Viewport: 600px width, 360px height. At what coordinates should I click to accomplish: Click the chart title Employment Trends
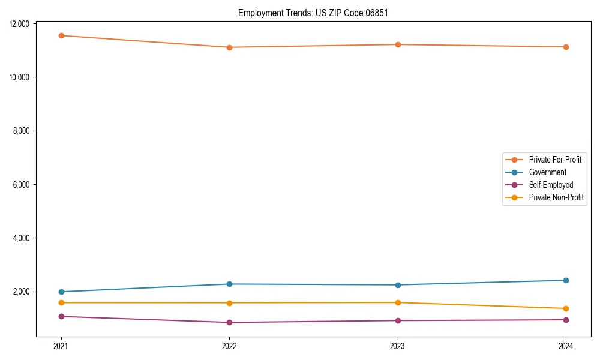click(x=313, y=13)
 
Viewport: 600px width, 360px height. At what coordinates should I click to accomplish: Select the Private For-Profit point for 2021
click(x=61, y=35)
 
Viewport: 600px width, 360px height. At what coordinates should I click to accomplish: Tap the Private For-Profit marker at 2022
click(x=229, y=47)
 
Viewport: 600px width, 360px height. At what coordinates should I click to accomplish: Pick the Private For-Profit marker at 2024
click(x=566, y=47)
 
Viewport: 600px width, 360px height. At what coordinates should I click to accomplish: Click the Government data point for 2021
click(x=61, y=292)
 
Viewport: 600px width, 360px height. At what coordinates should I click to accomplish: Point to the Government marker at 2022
click(x=229, y=284)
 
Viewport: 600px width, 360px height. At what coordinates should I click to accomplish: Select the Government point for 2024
click(x=566, y=280)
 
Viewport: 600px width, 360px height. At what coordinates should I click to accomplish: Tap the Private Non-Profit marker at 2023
click(x=398, y=302)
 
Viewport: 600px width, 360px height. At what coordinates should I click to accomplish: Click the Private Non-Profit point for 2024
click(x=566, y=308)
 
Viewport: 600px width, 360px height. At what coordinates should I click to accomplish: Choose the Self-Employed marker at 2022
click(x=229, y=322)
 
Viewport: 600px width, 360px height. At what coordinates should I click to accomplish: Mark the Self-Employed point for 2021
click(x=61, y=316)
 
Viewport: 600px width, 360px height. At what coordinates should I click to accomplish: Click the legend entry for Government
click(x=547, y=172)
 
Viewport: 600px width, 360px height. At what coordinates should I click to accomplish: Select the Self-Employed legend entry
click(x=551, y=185)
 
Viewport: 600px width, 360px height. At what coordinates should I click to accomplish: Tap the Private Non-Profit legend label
click(x=556, y=197)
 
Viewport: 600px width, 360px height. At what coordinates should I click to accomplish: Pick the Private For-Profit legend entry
click(x=555, y=160)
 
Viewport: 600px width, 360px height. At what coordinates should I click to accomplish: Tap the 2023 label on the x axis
click(x=398, y=346)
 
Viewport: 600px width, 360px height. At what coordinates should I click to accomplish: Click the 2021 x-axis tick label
click(x=61, y=346)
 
